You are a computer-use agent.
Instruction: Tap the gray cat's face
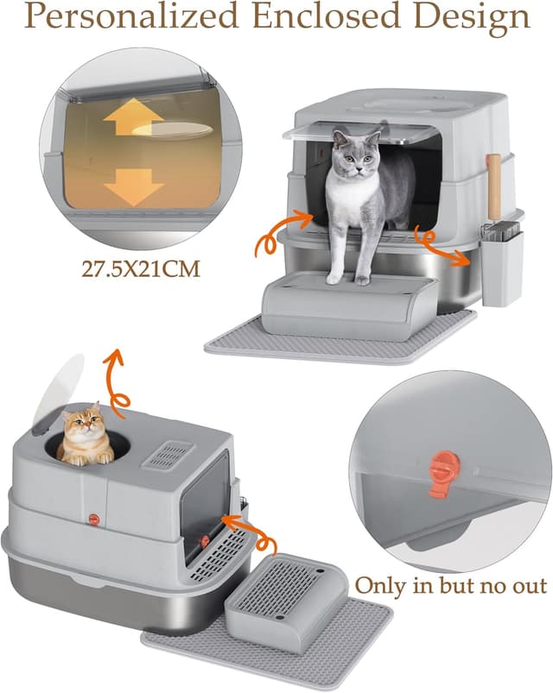tap(357, 148)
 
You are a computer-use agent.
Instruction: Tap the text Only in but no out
tap(450, 586)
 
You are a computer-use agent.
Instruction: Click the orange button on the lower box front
tap(92, 518)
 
